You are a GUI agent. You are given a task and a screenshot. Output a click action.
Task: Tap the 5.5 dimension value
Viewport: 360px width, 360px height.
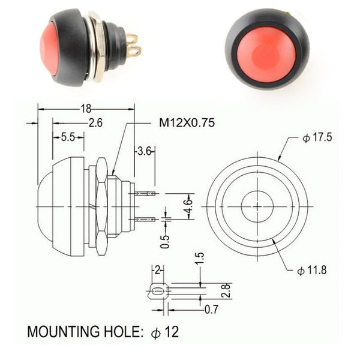[68, 137]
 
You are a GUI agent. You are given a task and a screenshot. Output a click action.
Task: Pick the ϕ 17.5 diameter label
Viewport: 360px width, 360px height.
[317, 138]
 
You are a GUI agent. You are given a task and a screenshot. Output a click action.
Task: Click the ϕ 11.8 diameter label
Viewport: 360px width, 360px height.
[312, 270]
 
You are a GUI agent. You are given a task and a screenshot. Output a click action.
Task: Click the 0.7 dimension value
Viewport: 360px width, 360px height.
[211, 310]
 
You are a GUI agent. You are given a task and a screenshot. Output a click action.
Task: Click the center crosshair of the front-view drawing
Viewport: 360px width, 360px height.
[257, 206]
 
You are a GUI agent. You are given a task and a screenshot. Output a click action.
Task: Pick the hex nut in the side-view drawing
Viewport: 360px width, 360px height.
[101, 205]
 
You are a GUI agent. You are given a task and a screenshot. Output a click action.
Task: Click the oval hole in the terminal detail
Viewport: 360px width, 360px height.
[157, 292]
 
